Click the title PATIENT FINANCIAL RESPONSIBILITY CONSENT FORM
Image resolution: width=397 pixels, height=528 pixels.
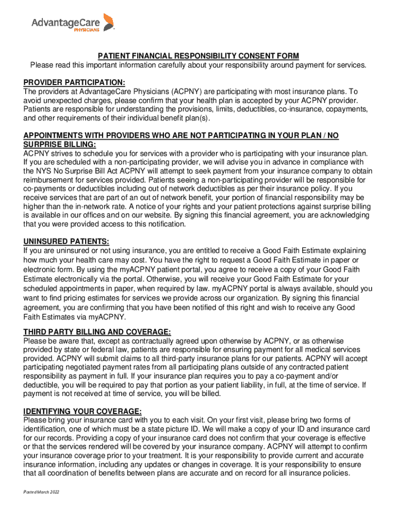198,56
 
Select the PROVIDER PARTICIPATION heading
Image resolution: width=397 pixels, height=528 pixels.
74,82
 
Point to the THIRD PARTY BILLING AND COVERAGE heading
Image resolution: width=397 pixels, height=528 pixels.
97,332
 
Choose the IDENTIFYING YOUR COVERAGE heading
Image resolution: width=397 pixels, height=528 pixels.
82,411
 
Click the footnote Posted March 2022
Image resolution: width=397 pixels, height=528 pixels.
41,492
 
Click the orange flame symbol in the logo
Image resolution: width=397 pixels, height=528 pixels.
109,22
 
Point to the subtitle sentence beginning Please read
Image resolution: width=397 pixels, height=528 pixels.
198,65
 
